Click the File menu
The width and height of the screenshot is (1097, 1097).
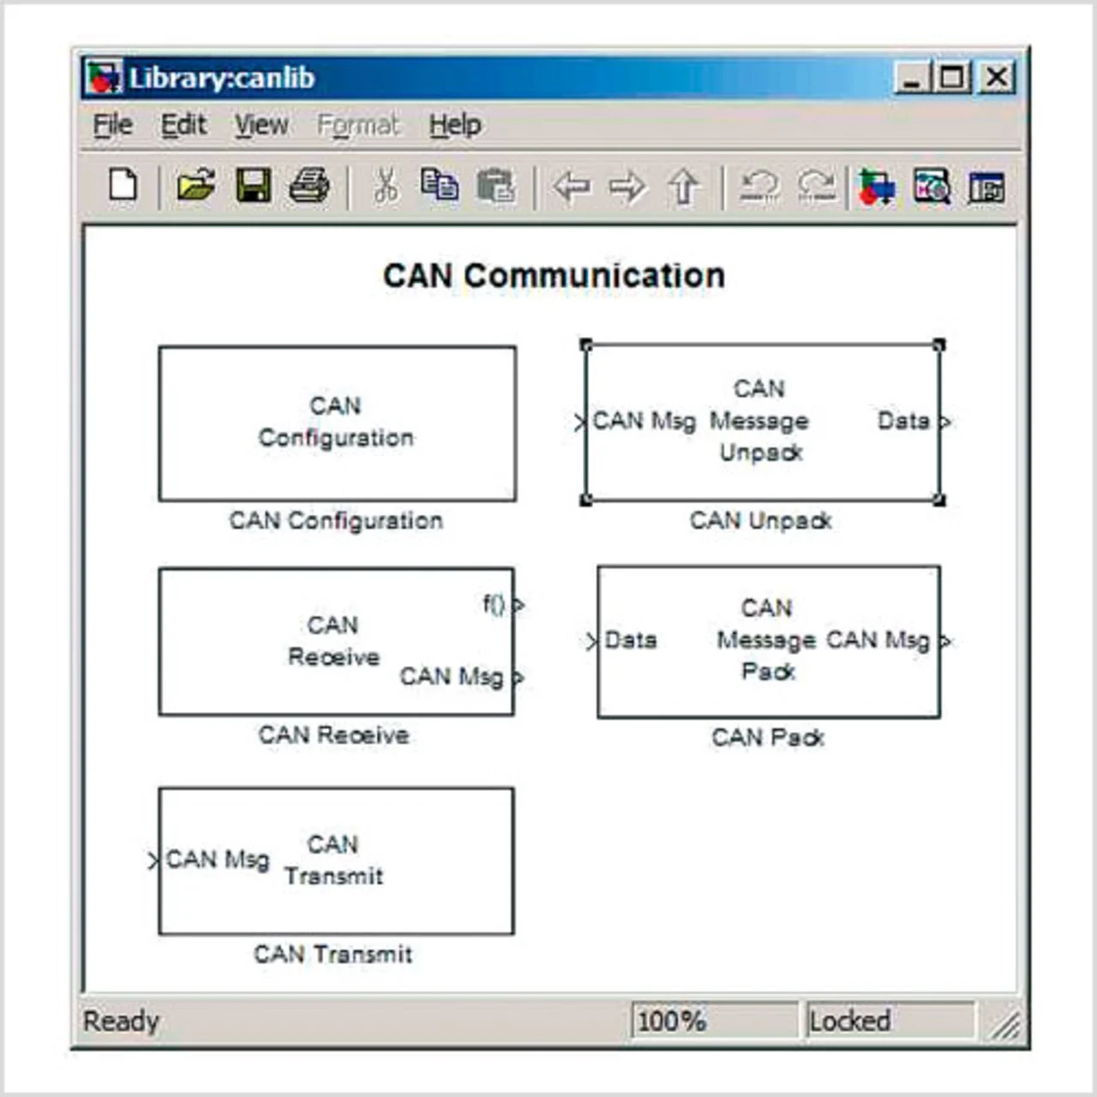click(x=112, y=125)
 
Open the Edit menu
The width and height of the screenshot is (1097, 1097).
click(x=183, y=125)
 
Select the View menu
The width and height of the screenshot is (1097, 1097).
click(x=261, y=125)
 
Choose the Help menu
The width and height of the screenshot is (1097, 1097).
click(x=455, y=125)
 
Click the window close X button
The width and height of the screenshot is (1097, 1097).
click(x=997, y=78)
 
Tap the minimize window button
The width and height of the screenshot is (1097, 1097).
click(x=911, y=78)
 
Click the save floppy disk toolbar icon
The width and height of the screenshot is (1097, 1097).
click(x=254, y=186)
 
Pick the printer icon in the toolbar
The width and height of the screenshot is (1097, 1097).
click(x=309, y=186)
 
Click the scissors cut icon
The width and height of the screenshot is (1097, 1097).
click(x=387, y=186)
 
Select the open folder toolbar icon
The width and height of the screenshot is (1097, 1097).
click(x=196, y=186)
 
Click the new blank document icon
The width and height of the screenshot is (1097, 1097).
click(x=123, y=185)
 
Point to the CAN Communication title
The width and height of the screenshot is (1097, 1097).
click(x=554, y=276)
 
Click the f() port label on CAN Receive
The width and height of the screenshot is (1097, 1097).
click(x=494, y=604)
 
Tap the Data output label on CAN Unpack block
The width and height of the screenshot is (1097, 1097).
click(x=903, y=421)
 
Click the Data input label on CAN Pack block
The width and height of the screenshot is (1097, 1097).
click(x=631, y=640)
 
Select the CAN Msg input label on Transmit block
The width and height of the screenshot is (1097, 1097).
click(x=217, y=859)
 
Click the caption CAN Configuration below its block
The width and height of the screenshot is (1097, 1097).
click(x=336, y=520)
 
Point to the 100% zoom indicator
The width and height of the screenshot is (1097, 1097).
click(x=672, y=1021)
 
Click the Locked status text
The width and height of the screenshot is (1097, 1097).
click(x=849, y=1021)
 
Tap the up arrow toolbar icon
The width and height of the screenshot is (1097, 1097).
click(x=683, y=186)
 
